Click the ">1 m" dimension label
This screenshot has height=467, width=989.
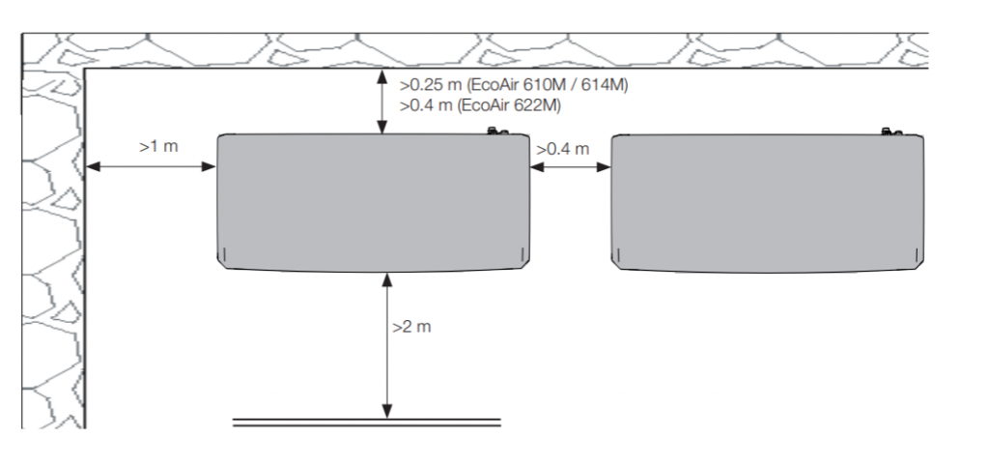(158, 146)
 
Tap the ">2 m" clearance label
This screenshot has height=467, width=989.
(411, 327)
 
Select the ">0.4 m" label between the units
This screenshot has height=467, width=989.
(563, 149)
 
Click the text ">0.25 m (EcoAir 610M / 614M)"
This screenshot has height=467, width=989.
(514, 84)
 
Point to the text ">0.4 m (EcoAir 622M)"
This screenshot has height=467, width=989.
(480, 105)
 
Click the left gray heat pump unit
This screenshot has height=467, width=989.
(374, 203)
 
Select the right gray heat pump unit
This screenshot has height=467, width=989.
(768, 203)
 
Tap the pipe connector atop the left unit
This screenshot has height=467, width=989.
(497, 131)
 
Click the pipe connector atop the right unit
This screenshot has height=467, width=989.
(891, 131)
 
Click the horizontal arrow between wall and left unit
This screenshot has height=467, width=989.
(150, 166)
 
